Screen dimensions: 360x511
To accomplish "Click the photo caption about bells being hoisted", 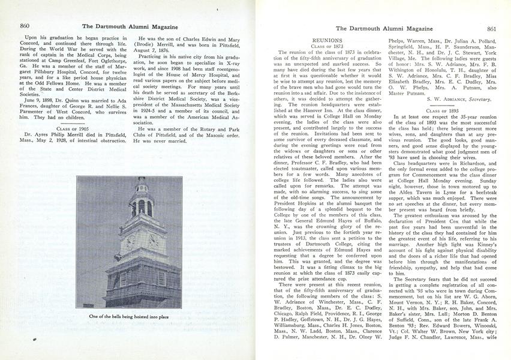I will point(128,316).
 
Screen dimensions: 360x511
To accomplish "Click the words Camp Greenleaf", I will point(59,73).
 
